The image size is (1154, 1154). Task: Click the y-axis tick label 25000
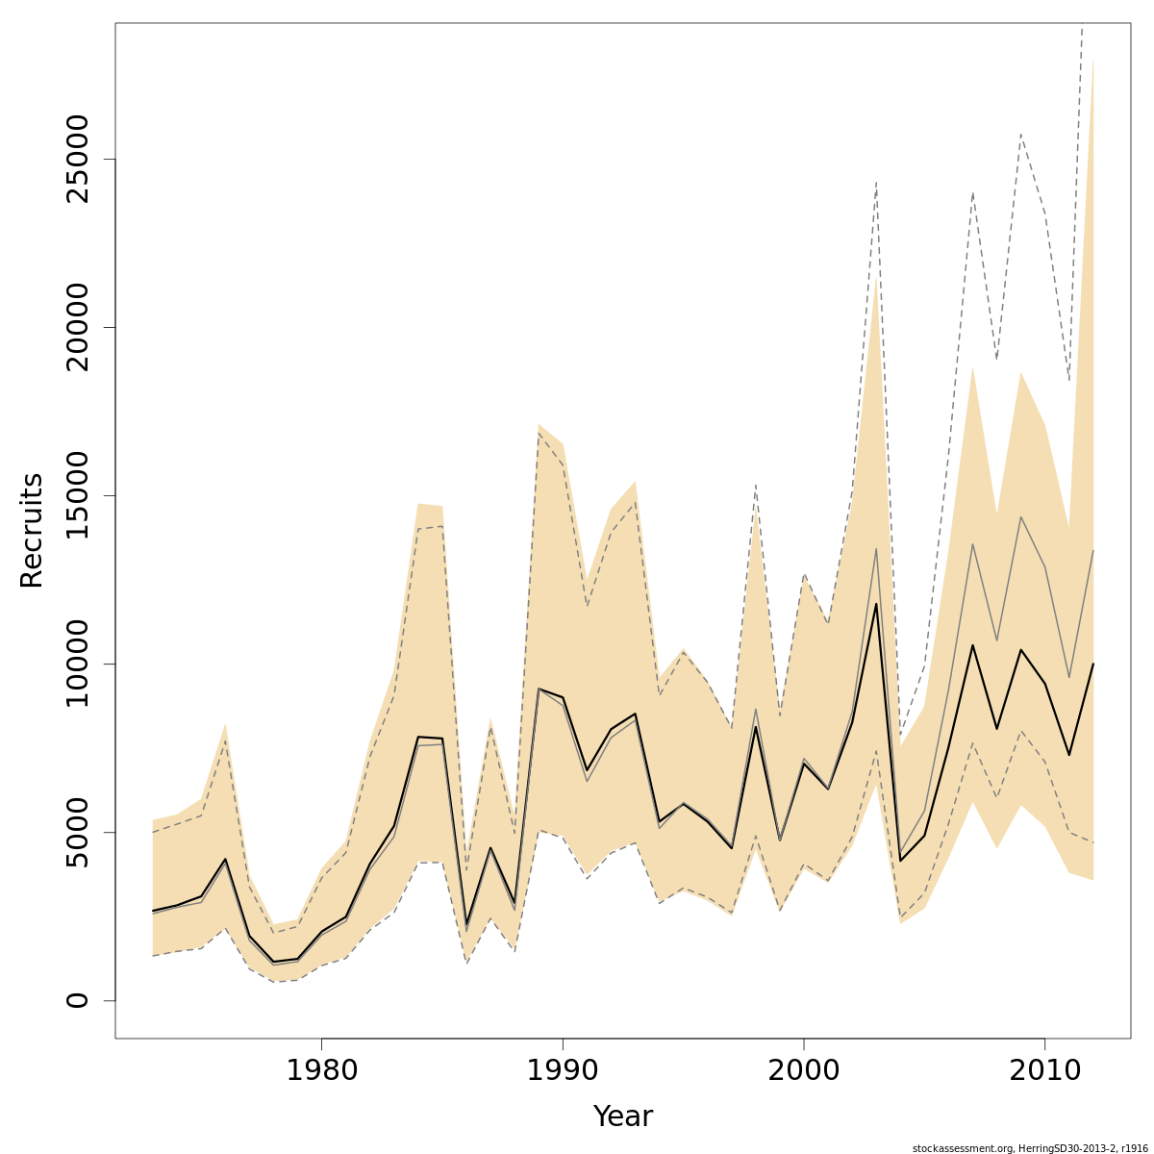[77, 160]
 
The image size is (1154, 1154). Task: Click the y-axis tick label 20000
[77, 328]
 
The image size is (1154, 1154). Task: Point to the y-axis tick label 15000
[77, 496]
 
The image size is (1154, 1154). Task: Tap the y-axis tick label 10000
[77, 664]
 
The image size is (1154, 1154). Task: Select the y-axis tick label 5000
[77, 832]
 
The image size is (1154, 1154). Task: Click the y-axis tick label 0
[77, 1000]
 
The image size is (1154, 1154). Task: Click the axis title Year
[622, 1116]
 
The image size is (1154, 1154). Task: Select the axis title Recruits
[32, 530]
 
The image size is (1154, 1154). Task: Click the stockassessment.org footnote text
[1030, 1147]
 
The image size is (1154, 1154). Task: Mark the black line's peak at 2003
[876, 604]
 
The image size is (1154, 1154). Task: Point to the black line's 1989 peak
[539, 690]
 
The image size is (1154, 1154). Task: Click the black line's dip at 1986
[466, 926]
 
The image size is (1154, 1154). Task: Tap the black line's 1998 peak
[756, 727]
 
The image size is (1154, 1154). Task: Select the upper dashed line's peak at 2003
[876, 182]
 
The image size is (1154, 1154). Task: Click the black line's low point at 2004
[900, 861]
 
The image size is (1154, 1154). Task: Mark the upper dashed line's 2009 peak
[1020, 135]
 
